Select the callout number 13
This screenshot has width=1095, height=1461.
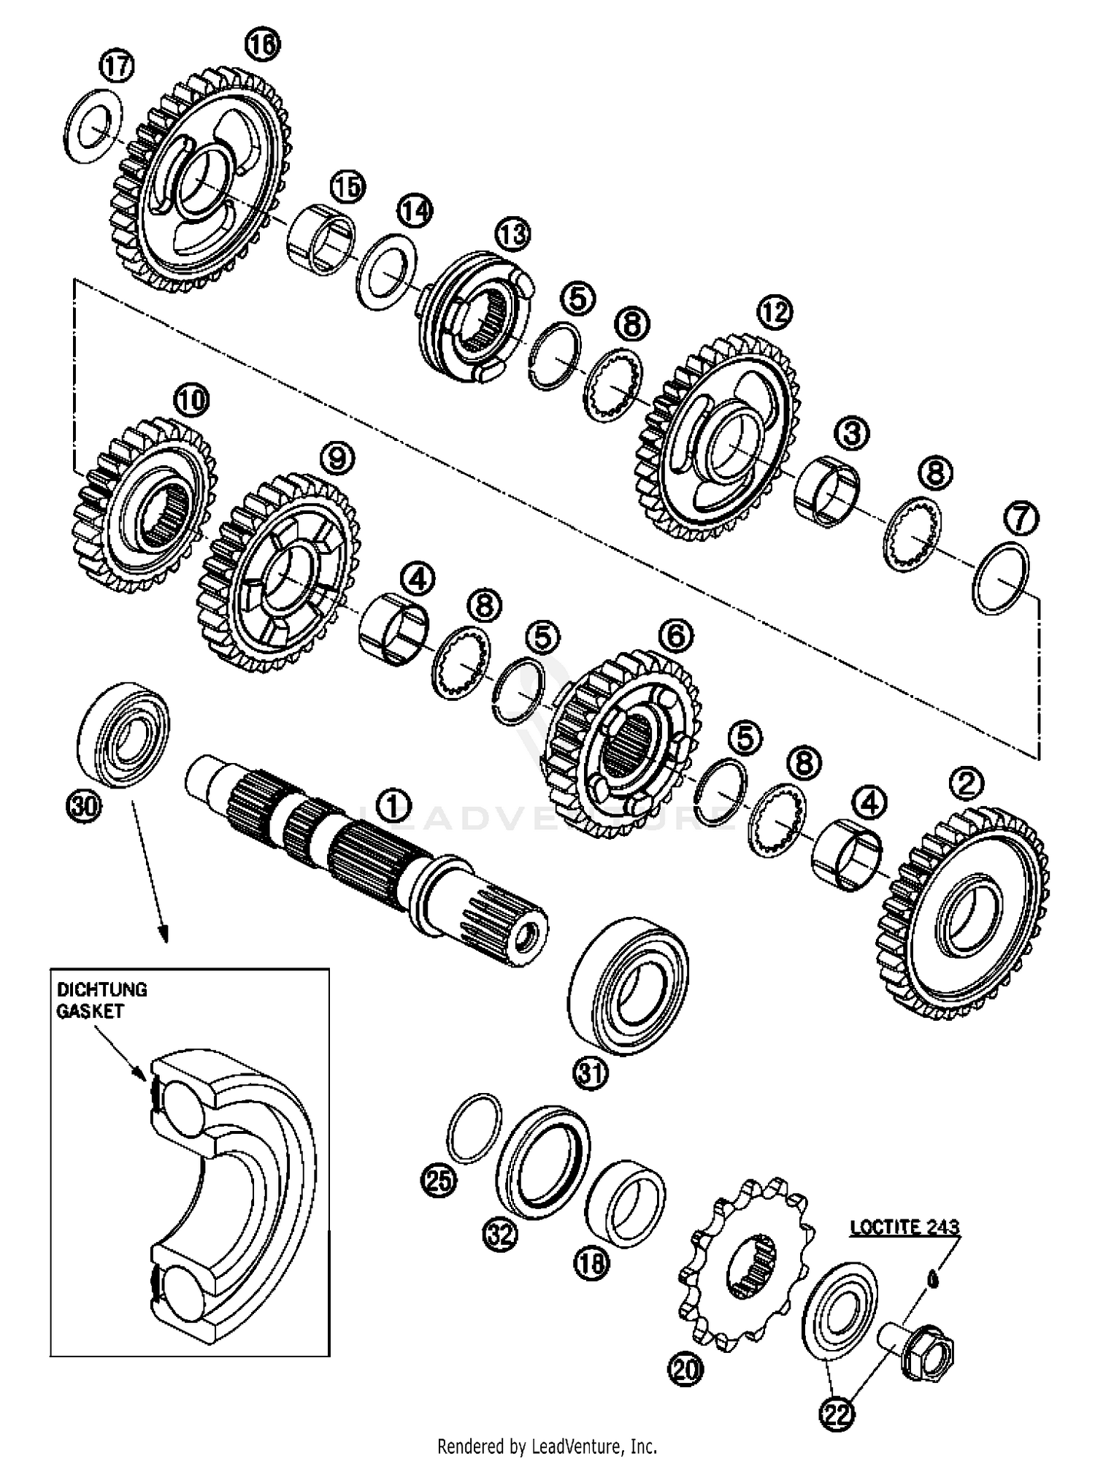pyautogui.click(x=512, y=235)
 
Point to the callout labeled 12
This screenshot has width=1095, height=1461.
pyautogui.click(x=774, y=312)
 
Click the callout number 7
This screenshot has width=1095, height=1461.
pyautogui.click(x=1021, y=518)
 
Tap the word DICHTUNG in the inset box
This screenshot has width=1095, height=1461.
pyautogui.click(x=101, y=989)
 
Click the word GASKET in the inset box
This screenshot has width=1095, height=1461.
pyautogui.click(x=90, y=1011)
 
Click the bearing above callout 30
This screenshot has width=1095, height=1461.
pyautogui.click(x=123, y=735)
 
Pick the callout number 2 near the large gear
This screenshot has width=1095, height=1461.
pyautogui.click(x=967, y=784)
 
